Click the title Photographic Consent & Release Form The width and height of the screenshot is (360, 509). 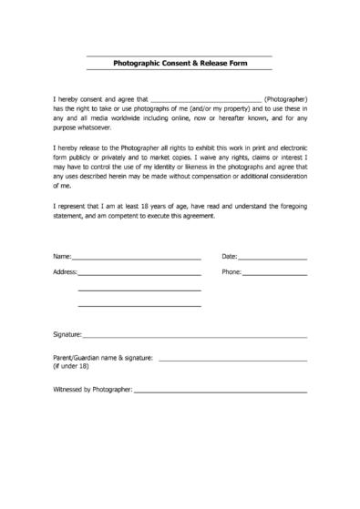click(x=179, y=64)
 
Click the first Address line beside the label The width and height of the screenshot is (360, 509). click(x=139, y=274)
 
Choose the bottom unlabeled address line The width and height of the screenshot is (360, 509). click(x=139, y=305)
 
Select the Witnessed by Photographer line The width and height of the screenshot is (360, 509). click(x=220, y=392)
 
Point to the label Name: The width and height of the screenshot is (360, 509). click(x=62, y=258)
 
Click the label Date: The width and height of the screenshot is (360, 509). click(x=229, y=258)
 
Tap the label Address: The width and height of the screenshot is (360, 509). click(x=66, y=271)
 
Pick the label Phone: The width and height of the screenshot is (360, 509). click(x=231, y=271)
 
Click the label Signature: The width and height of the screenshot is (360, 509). click(x=68, y=334)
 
